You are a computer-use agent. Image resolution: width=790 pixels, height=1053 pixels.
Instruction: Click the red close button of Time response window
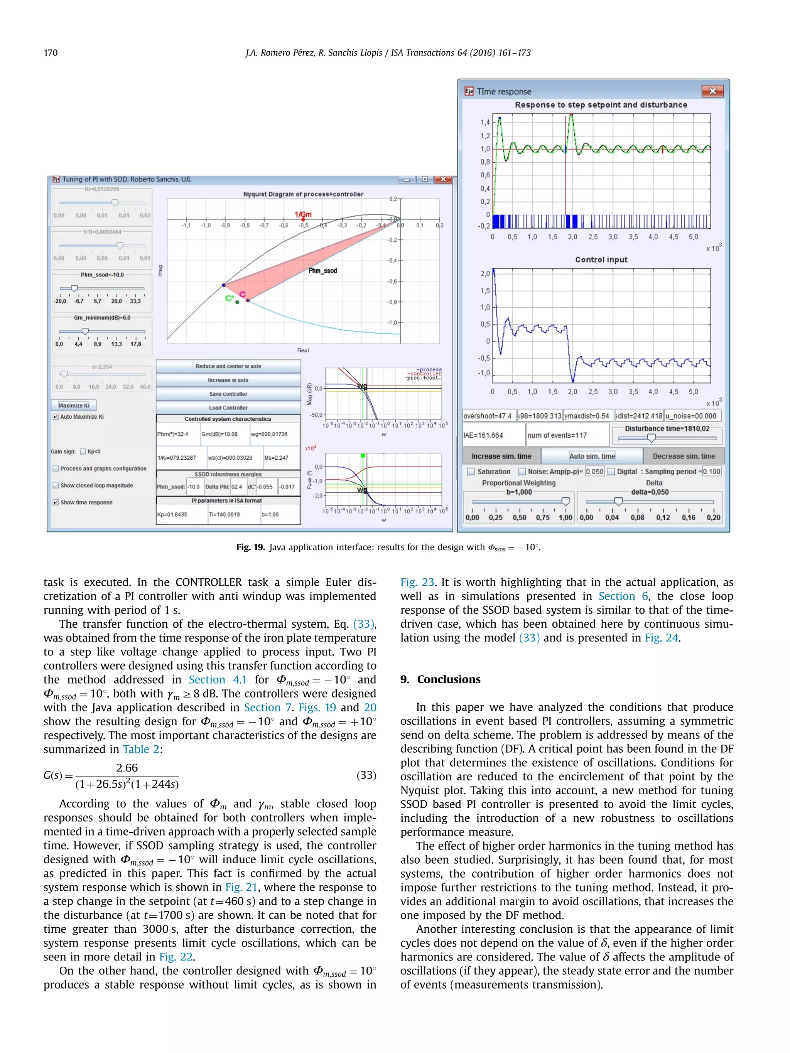pyautogui.click(x=712, y=91)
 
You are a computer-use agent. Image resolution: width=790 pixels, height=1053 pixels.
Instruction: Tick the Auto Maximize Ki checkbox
pyautogui.click(x=56, y=416)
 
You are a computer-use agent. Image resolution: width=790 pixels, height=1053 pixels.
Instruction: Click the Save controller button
pyautogui.click(x=228, y=394)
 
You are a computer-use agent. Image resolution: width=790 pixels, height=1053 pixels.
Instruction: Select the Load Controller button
pyautogui.click(x=228, y=408)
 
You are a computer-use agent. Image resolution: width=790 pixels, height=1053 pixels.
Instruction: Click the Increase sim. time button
pyautogui.click(x=501, y=456)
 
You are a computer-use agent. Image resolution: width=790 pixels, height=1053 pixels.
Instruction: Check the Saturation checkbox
pyautogui.click(x=471, y=471)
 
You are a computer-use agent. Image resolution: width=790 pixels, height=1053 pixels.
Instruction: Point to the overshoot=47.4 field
pyautogui.click(x=488, y=416)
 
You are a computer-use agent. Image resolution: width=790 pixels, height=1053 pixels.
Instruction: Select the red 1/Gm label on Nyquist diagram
pyautogui.click(x=303, y=215)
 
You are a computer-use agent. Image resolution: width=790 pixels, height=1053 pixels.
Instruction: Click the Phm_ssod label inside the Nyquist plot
pyautogui.click(x=322, y=270)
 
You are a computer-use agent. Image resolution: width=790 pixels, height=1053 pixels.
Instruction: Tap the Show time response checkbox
pyautogui.click(x=56, y=502)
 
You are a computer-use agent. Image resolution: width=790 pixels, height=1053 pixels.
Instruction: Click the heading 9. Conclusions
pyautogui.click(x=440, y=679)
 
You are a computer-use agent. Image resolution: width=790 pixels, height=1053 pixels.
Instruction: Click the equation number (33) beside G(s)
pyautogui.click(x=366, y=775)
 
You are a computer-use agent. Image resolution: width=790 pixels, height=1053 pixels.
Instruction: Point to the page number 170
pyautogui.click(x=51, y=52)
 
